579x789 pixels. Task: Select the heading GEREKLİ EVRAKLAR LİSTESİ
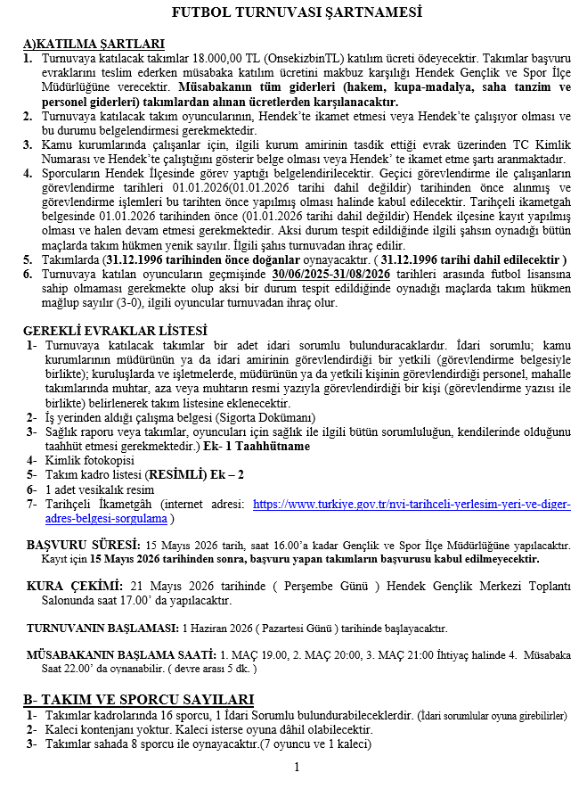pos(104,331)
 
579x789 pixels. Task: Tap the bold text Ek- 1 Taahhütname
pos(257,446)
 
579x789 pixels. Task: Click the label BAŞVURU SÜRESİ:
pos(83,544)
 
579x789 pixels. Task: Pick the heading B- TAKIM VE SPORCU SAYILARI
pos(139,698)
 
